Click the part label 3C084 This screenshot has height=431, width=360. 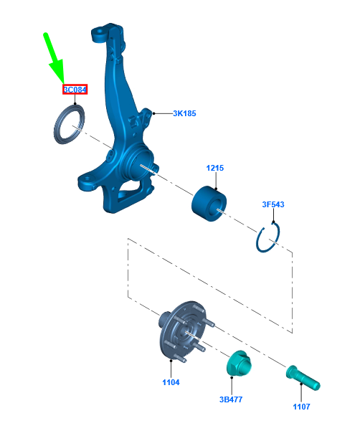[75, 90]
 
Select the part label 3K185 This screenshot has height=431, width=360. [184, 113]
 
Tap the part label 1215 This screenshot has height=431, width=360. [215, 168]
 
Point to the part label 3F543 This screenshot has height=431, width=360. [273, 204]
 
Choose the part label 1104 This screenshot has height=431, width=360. [171, 382]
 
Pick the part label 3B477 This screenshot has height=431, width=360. [231, 399]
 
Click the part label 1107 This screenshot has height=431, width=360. [301, 407]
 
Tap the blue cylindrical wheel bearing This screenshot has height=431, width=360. [209, 204]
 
